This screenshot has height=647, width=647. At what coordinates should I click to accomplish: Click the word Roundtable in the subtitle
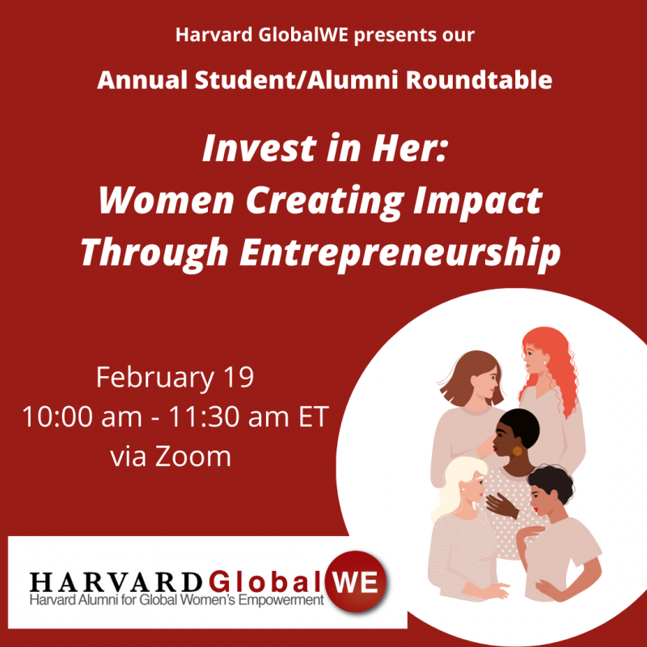(x=479, y=79)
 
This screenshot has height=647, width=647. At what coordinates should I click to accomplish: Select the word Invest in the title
(x=259, y=149)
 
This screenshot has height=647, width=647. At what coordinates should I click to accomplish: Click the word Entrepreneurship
(x=400, y=252)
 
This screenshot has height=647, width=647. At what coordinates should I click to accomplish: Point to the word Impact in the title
(x=477, y=200)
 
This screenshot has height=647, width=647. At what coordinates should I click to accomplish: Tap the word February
(x=155, y=378)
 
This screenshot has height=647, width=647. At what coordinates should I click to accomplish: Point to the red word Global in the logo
(x=265, y=581)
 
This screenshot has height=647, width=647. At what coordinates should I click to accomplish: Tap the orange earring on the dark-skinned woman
(x=517, y=450)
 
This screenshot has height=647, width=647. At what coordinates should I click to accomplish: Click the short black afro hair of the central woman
(x=520, y=427)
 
